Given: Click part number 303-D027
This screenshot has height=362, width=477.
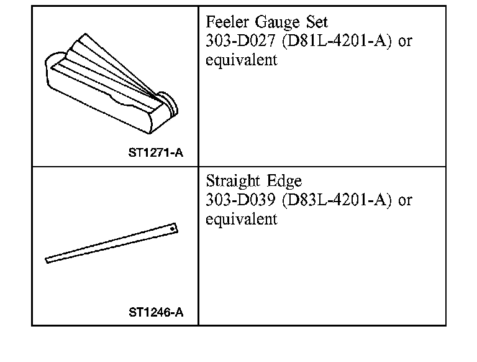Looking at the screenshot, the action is point(239,42).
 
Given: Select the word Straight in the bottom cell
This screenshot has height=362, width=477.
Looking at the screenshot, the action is point(232,182).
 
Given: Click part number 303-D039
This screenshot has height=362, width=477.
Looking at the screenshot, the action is point(239,201).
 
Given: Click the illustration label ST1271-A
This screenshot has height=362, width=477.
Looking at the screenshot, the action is point(156,152).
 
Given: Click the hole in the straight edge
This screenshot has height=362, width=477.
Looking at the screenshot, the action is point(174,227).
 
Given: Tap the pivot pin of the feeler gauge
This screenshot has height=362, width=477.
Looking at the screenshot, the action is point(166,98).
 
